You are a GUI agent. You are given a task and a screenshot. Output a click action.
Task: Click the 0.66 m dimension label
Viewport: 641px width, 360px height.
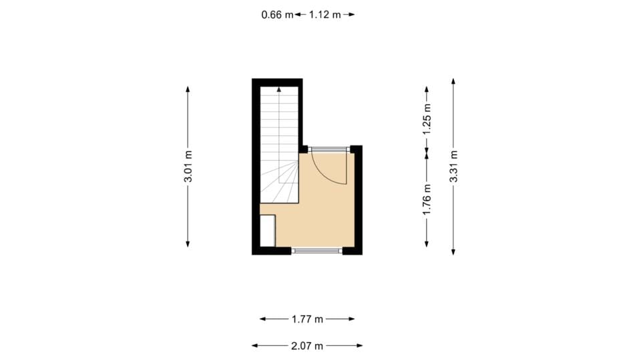[277, 14]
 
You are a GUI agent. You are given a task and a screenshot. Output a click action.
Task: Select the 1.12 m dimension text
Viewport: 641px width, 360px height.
[325, 14]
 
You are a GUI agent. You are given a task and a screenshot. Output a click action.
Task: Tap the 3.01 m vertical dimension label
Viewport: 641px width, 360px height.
[188, 167]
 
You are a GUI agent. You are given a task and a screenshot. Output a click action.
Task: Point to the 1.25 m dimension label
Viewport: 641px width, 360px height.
[427, 117]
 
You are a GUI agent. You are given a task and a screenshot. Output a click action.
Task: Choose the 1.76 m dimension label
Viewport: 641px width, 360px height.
[427, 199]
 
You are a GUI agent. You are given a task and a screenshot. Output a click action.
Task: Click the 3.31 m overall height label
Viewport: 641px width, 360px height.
[453, 167]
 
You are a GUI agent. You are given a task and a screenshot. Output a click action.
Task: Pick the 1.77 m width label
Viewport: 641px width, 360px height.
[307, 319]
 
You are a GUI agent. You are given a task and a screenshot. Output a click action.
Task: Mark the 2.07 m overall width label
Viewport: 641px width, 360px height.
[307, 345]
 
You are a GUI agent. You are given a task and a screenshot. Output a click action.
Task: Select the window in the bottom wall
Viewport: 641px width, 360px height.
[316, 251]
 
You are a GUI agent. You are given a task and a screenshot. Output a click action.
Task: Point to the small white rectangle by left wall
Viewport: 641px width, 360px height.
[267, 231]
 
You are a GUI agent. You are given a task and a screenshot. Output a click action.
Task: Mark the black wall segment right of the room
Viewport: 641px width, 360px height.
[359, 200]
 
